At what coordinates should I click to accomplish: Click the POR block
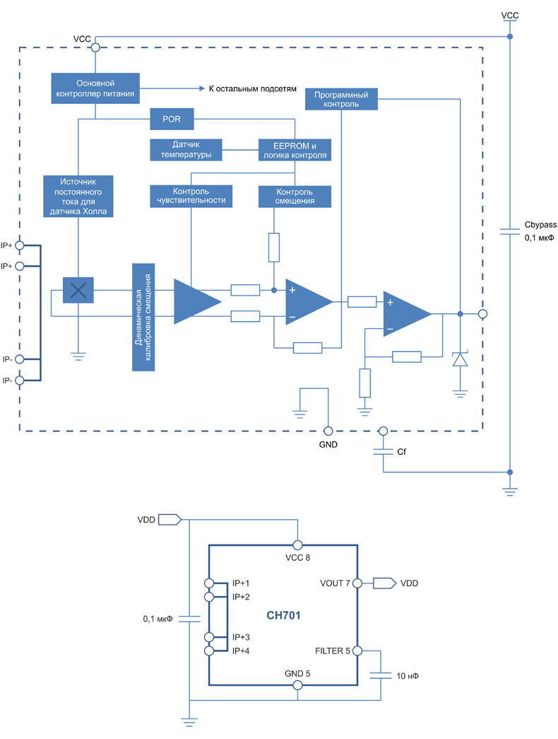(x=172, y=120)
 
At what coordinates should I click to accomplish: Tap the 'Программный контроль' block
(x=341, y=99)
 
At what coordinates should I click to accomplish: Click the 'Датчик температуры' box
(x=186, y=149)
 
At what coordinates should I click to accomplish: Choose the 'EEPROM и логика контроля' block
(x=295, y=149)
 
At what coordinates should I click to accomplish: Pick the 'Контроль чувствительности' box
(x=191, y=196)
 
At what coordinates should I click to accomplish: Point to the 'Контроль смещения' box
(x=295, y=196)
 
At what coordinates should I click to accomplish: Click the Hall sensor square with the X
(x=78, y=289)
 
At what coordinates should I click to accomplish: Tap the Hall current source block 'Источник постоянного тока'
(x=78, y=196)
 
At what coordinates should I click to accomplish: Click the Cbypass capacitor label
(x=540, y=225)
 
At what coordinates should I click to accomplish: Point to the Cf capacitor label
(x=402, y=450)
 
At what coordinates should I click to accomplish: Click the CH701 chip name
(x=283, y=616)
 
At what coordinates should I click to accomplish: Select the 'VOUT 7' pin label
(x=335, y=583)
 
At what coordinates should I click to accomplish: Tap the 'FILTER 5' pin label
(x=332, y=651)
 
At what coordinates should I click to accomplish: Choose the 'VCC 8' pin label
(x=298, y=557)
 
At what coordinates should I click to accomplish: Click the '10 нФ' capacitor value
(x=408, y=676)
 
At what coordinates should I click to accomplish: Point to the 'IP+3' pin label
(x=242, y=637)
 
